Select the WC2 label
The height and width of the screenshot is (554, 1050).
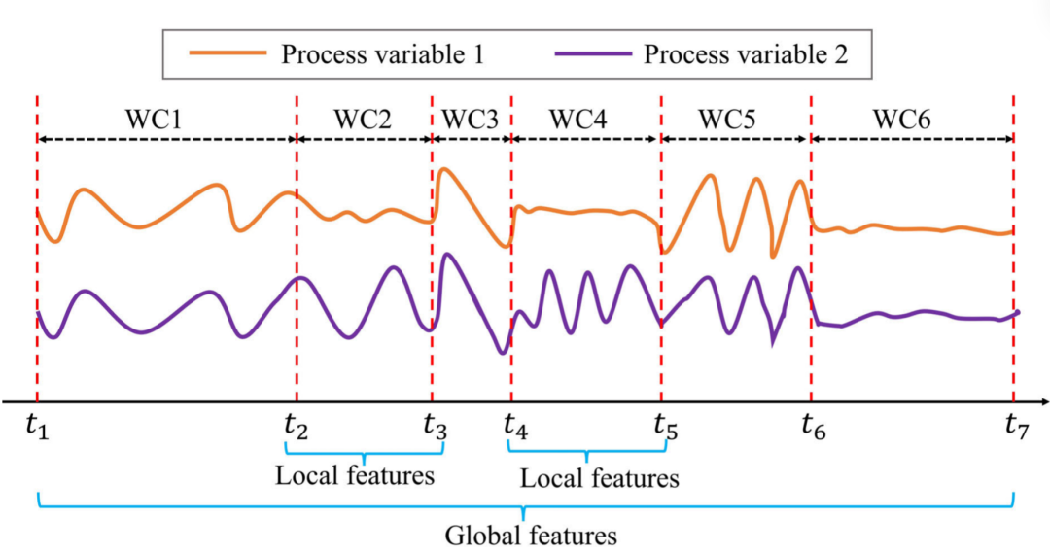point(363,121)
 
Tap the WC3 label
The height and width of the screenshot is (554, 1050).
point(470,121)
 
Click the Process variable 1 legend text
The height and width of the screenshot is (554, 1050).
point(382,54)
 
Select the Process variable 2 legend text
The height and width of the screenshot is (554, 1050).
point(746,54)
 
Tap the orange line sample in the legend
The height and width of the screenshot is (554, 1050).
point(223,55)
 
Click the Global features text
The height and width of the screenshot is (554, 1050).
point(531,535)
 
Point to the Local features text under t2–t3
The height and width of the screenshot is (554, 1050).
point(354,476)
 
